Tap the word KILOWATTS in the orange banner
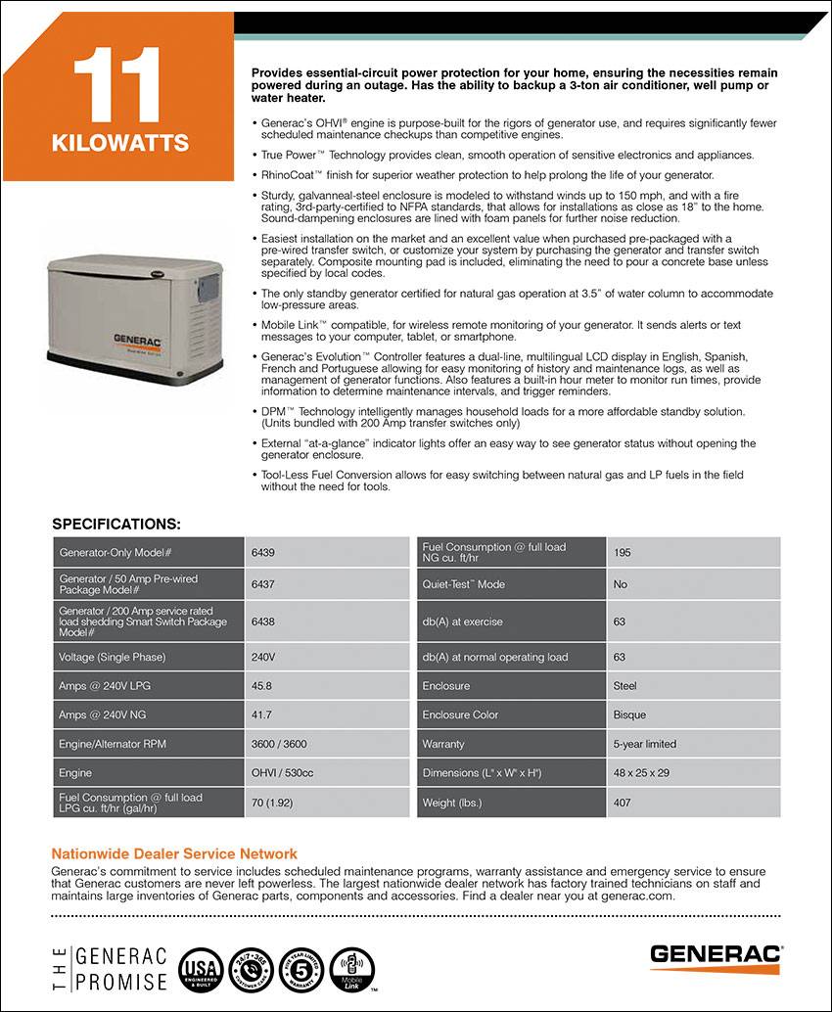[x=119, y=144]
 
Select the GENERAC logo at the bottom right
[x=717, y=953]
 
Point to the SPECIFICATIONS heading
[x=116, y=524]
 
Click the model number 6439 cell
[x=263, y=552]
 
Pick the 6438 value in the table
[x=263, y=621]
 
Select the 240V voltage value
[x=264, y=657]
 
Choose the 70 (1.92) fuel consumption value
[x=275, y=803]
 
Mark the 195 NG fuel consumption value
[x=623, y=552]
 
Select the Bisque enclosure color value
[x=629, y=714]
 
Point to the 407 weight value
[x=623, y=803]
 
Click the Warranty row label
[x=443, y=744]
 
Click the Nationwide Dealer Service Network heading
[x=174, y=853]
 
